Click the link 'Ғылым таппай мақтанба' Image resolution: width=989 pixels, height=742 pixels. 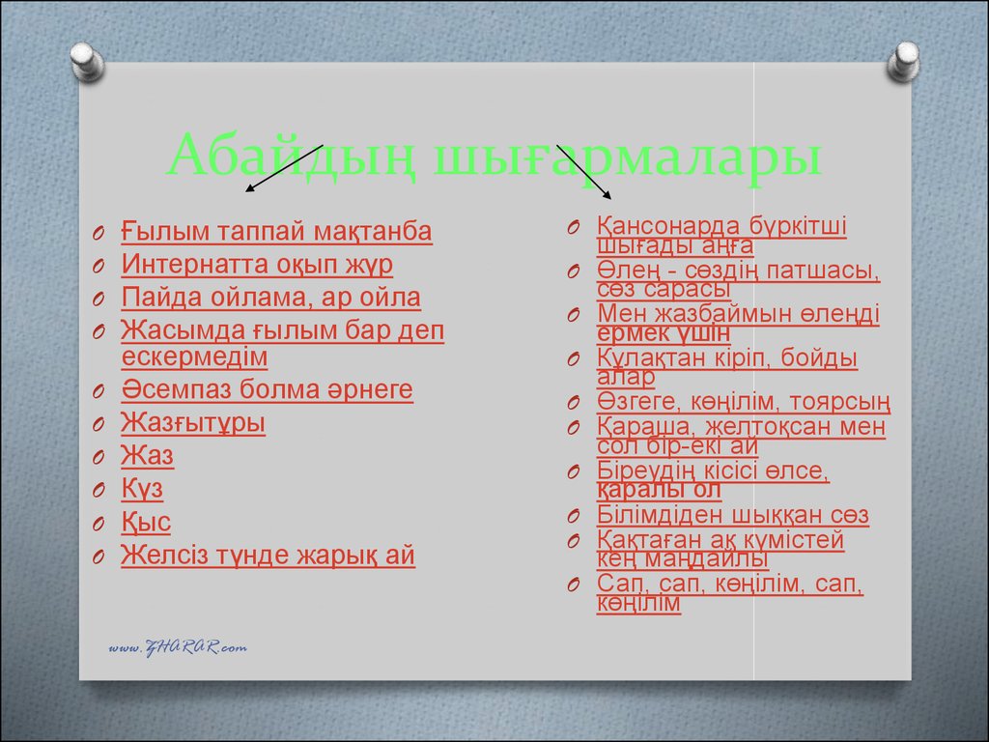276,232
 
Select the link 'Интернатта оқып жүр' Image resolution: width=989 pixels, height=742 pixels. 257,265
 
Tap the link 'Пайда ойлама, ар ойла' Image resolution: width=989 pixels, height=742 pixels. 270,298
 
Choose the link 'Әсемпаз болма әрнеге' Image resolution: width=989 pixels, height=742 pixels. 267,389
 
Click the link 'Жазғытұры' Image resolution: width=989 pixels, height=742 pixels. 193,423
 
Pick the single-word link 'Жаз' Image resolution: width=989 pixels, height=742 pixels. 147,456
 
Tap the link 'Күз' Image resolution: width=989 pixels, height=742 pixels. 142,489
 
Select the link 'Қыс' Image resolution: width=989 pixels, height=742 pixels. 146,523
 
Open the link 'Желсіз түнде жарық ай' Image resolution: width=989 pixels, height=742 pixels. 268,556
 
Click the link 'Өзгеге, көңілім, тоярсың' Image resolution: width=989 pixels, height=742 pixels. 744,402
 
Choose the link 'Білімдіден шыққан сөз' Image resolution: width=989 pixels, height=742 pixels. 733,515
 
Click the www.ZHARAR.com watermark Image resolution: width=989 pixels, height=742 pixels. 178,647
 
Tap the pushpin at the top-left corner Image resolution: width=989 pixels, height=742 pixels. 87,62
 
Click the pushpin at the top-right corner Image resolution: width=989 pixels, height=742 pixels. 903,62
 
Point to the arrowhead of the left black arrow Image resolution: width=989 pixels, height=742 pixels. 248,189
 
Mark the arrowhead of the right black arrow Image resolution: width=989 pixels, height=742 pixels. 608,196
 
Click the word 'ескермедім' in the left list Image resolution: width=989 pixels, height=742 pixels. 194,357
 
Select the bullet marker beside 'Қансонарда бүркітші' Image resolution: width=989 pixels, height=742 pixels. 574,227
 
